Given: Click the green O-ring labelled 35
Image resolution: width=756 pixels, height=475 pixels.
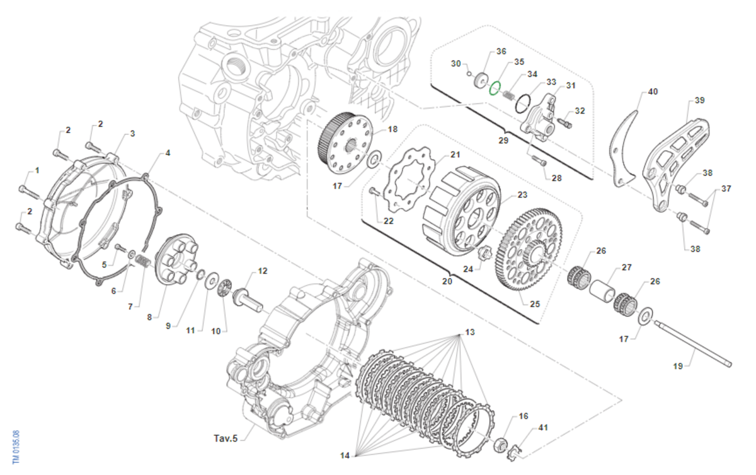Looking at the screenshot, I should (495, 87).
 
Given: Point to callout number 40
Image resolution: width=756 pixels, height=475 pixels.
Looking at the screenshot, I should (653, 91).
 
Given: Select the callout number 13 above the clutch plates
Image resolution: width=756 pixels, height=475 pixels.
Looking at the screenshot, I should (470, 331).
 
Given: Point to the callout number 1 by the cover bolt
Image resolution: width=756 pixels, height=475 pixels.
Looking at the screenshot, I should (37, 170).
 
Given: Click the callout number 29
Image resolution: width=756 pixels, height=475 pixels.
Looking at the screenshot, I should (503, 140).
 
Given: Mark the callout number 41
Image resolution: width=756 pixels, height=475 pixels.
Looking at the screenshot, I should (544, 428).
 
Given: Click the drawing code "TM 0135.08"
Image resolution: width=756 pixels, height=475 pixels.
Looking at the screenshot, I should (16, 447).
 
